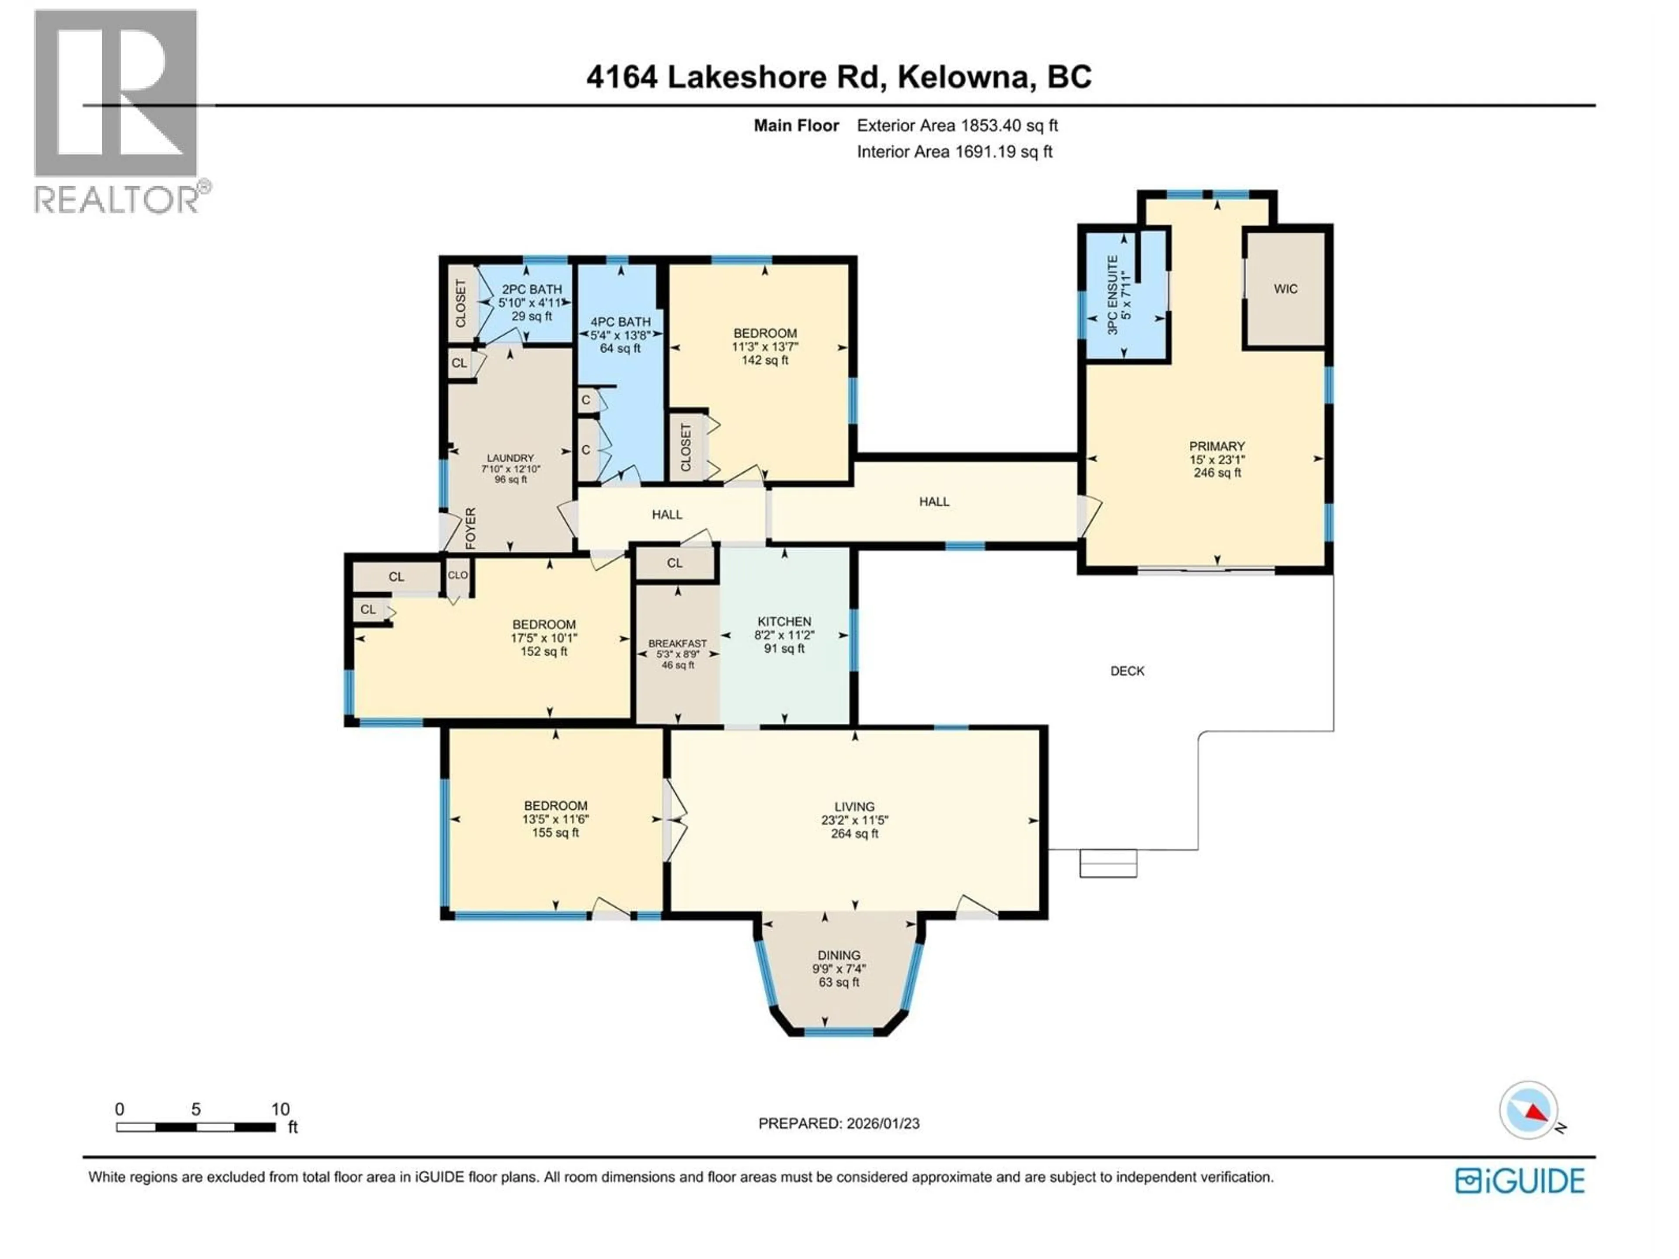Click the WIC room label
1285,289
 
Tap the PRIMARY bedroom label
1217,446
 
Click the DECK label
1127,671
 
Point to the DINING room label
839,956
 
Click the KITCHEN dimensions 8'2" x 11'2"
784,635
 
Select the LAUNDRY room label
510,459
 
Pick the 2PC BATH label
531,289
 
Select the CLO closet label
458,575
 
